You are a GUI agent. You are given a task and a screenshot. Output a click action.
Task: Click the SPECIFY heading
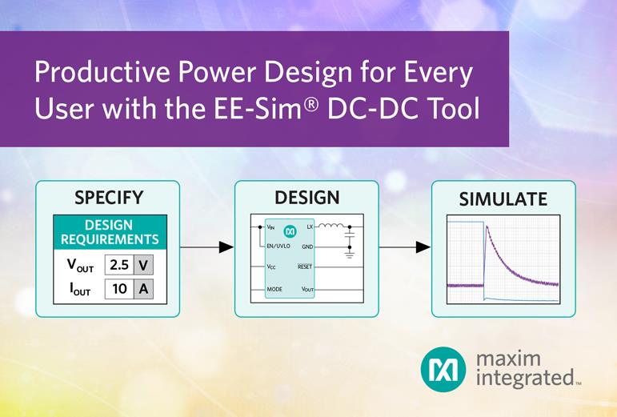(x=109, y=198)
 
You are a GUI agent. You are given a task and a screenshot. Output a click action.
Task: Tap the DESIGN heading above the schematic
(x=307, y=198)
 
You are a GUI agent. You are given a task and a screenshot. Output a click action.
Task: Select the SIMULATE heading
(x=503, y=199)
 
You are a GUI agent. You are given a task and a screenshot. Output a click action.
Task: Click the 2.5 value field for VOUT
(x=119, y=265)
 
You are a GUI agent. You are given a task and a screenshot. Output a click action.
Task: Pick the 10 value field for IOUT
(x=119, y=289)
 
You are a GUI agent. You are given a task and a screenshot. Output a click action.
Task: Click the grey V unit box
(x=143, y=265)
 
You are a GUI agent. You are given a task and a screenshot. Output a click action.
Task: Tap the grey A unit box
(x=143, y=289)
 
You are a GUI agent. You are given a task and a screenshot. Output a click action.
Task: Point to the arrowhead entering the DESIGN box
(x=226, y=247)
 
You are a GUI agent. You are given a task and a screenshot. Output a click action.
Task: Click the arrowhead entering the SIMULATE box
(x=423, y=247)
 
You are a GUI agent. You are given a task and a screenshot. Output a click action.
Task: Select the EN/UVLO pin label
(x=278, y=247)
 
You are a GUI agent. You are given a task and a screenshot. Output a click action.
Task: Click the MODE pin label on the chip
(x=274, y=289)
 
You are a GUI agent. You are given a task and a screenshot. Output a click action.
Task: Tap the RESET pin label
(x=305, y=267)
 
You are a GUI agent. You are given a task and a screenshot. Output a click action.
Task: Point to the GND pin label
(x=307, y=247)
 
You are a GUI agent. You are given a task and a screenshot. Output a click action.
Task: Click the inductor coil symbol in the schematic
(x=331, y=225)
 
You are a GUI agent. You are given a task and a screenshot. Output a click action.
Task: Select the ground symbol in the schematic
(x=350, y=255)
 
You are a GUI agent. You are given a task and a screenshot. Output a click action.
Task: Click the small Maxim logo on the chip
(x=290, y=231)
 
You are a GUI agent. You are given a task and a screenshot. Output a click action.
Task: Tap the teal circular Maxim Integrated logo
(x=443, y=370)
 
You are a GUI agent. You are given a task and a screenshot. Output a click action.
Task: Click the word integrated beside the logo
(x=525, y=378)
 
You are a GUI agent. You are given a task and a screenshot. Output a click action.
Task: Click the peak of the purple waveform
(x=487, y=227)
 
